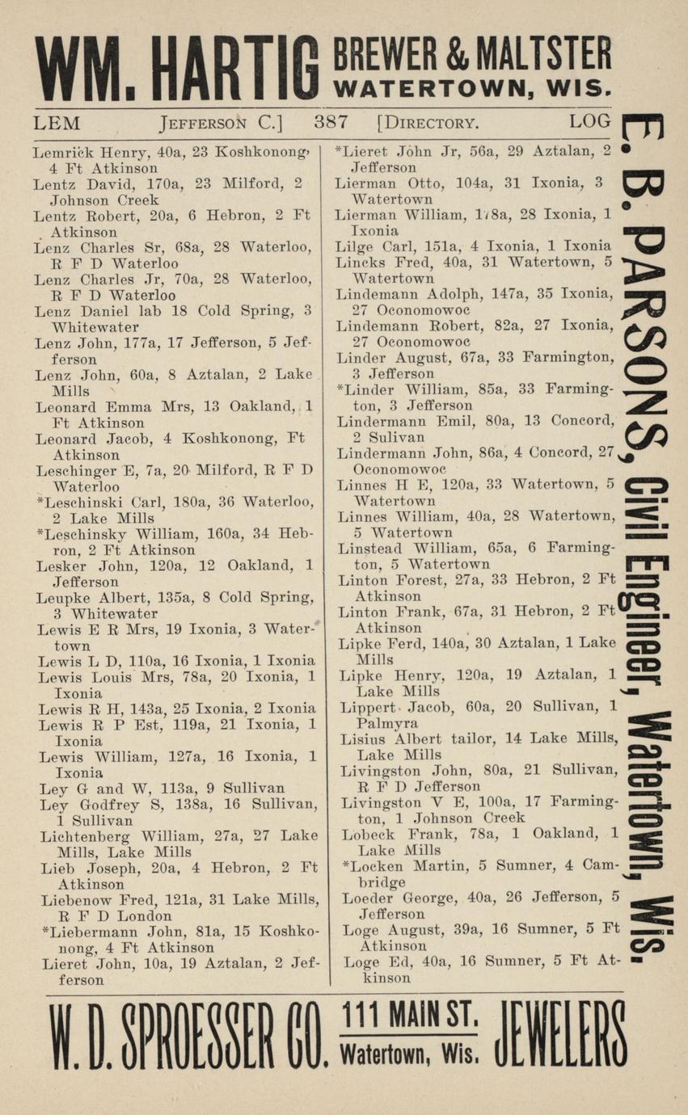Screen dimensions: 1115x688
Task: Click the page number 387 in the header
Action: [331, 124]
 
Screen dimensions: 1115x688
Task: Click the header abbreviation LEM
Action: [57, 124]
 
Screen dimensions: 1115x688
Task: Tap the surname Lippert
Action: [369, 708]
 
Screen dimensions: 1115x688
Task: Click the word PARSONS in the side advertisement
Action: [644, 339]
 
